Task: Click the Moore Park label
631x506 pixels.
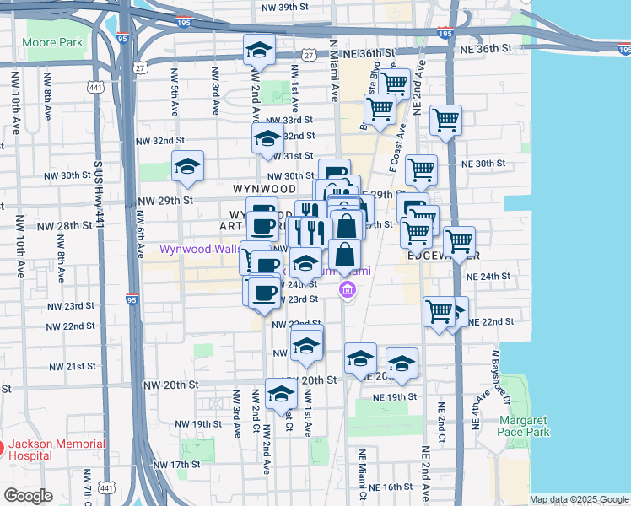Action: tap(52, 41)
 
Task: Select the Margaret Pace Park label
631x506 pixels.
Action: tap(523, 426)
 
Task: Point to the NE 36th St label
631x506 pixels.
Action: tap(486, 50)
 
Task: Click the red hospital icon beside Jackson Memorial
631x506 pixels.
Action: tap(3, 446)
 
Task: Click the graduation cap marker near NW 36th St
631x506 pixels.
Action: tap(260, 50)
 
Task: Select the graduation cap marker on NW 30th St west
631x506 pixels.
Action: tap(187, 165)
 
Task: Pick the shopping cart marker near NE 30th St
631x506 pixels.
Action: tap(420, 170)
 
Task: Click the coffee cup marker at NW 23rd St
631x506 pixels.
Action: tap(263, 292)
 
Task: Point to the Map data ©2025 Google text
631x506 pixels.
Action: tap(579, 499)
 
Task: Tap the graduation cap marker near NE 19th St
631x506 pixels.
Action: tap(402, 363)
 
